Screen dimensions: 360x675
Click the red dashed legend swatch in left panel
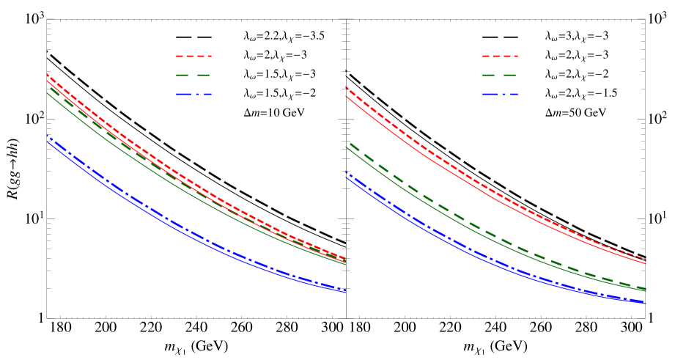(x=193, y=56)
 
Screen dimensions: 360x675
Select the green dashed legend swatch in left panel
(x=193, y=75)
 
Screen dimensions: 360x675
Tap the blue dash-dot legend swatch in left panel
(x=193, y=94)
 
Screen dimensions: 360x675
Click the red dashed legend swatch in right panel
(x=500, y=56)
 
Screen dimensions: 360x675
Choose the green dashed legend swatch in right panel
(x=500, y=75)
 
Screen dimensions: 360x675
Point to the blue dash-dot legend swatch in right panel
(x=500, y=94)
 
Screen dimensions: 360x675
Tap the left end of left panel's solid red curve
(x=48, y=81)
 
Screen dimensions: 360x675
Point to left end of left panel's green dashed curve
(x=48, y=87)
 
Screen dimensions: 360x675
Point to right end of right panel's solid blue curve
(x=644, y=303)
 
